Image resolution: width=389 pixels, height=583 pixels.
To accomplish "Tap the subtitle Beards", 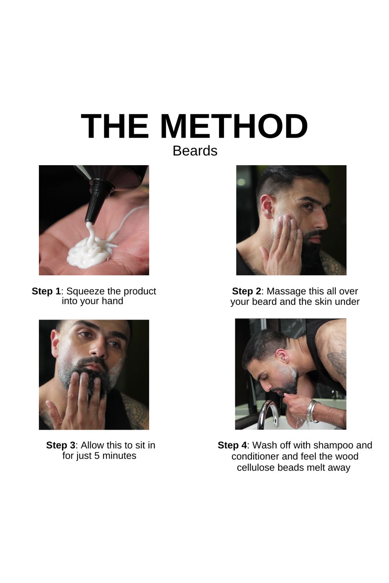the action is pyautogui.click(x=195, y=151).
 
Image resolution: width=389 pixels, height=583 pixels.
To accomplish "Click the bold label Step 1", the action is pyautogui.click(x=46, y=291).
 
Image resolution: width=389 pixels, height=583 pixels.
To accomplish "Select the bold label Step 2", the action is pyautogui.click(x=246, y=291).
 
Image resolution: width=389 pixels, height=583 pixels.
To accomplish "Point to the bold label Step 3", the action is pyautogui.click(x=60, y=445).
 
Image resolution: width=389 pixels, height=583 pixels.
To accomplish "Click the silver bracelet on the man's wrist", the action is pyautogui.click(x=312, y=411).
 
